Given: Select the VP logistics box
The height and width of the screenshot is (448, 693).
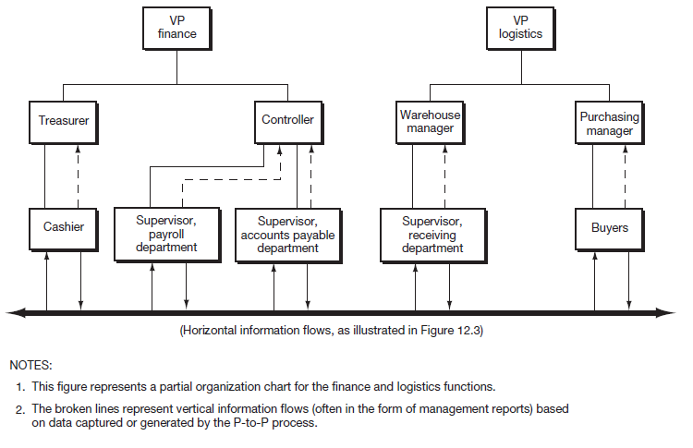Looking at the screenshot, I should click(520, 27).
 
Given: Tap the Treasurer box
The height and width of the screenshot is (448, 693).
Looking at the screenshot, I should click(63, 120).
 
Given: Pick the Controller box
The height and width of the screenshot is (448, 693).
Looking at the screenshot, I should click(287, 120).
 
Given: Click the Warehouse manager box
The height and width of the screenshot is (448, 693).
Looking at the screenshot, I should click(428, 121).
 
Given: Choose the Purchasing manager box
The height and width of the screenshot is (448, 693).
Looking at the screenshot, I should click(609, 124).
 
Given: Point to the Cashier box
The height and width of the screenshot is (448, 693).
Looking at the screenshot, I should click(63, 227).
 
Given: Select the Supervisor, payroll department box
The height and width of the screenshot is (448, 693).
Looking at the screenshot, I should click(165, 234).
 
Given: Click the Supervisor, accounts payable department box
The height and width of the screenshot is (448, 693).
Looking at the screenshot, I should click(287, 235).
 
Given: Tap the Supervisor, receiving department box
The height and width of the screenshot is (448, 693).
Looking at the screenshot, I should click(432, 235).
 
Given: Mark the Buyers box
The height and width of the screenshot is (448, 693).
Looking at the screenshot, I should click(609, 227).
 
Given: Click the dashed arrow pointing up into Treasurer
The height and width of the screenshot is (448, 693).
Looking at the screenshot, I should click(80, 176).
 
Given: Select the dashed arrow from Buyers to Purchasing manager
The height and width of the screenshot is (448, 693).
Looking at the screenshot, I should click(626, 176).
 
